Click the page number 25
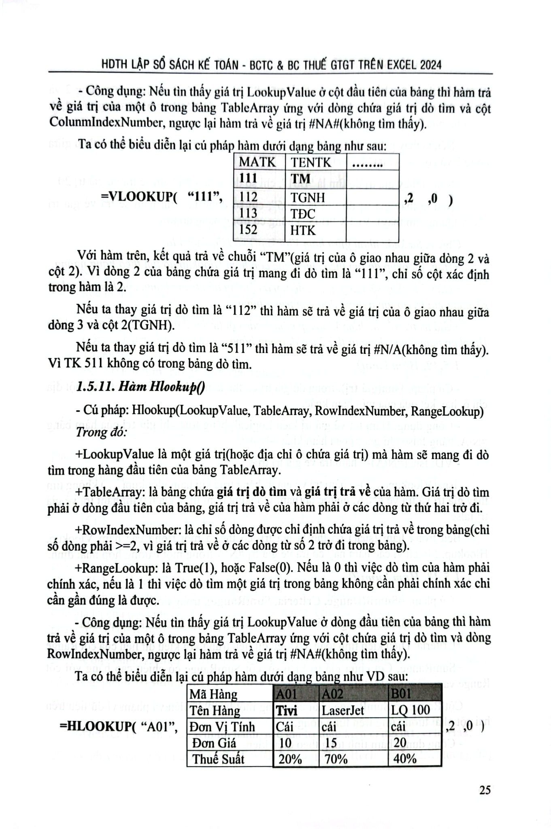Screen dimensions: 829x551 (485, 790)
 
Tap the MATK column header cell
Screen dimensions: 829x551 (258, 162)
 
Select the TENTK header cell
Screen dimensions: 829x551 (311, 162)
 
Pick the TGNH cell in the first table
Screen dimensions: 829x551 (308, 197)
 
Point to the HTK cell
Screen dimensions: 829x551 (303, 230)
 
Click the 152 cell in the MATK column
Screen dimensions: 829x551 (249, 230)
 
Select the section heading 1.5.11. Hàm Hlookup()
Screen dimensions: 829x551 (140, 387)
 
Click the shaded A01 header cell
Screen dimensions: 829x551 (286, 694)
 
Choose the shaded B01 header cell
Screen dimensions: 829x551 (401, 694)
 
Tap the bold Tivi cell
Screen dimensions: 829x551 (287, 710)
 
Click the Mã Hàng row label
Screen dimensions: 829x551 (213, 694)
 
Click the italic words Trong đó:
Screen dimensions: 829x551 (101, 432)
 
